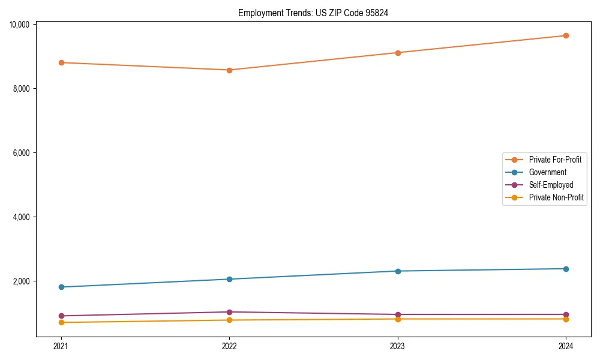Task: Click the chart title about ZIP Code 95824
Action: pos(313,13)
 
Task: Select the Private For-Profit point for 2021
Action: pos(61,62)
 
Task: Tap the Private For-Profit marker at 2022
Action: pos(229,70)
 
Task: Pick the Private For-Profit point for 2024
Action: pos(566,35)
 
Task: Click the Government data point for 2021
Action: pos(61,287)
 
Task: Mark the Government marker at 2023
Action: pos(398,271)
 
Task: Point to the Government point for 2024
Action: pos(566,269)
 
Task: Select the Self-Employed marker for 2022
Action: pos(229,312)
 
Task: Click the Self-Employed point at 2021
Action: pos(61,316)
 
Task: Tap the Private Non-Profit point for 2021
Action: pos(61,323)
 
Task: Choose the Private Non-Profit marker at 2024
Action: pos(566,319)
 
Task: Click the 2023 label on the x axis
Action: pos(398,346)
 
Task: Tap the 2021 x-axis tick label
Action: pos(61,346)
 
